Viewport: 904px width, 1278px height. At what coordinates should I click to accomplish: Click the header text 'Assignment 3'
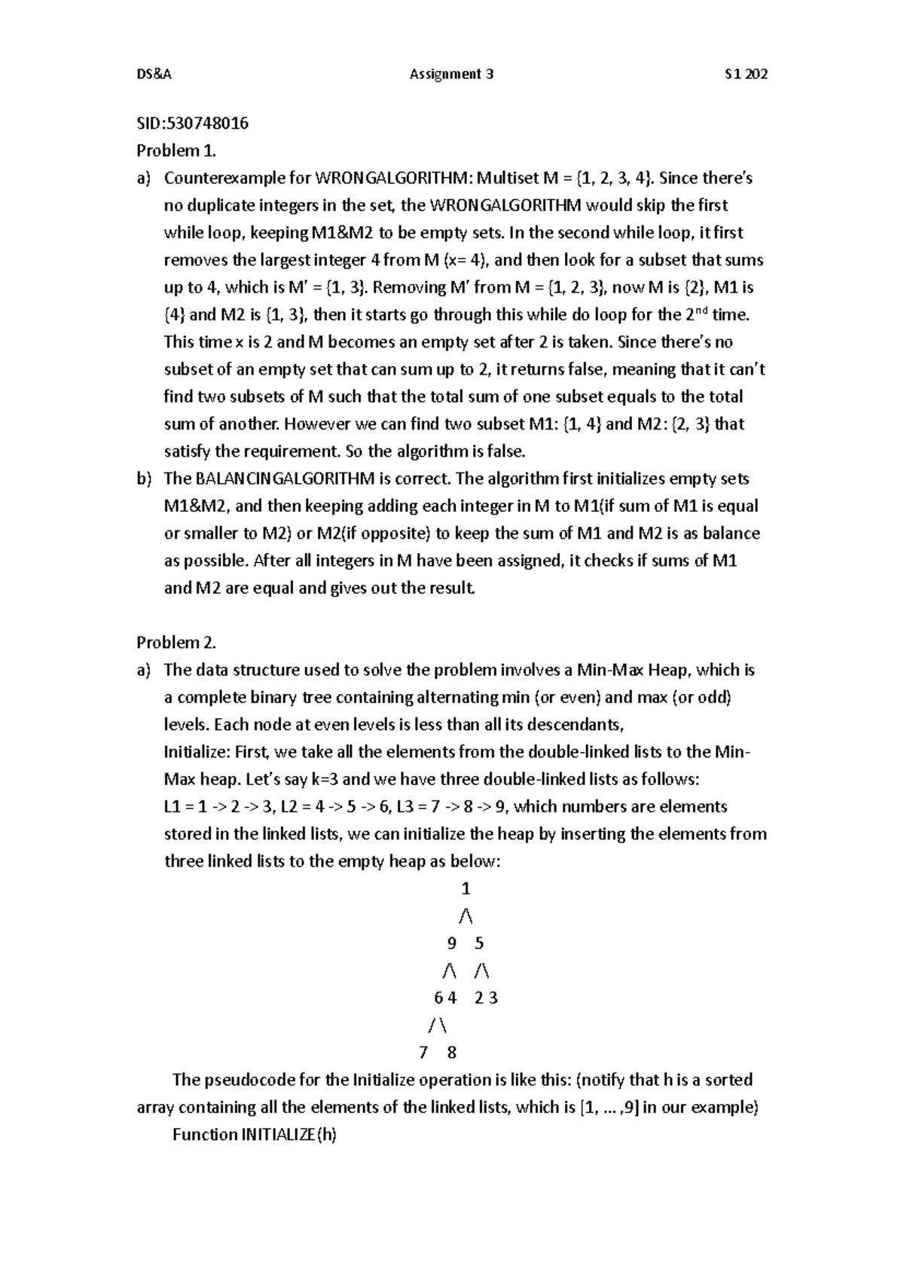pos(451,74)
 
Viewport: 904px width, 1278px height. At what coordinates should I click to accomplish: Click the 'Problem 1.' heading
pos(176,151)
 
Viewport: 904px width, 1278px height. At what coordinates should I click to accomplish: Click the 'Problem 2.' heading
pos(176,643)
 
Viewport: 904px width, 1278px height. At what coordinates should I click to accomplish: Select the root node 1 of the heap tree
pos(466,888)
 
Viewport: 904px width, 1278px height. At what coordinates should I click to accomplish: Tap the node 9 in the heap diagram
pos(450,943)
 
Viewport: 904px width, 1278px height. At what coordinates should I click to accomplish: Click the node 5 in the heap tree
pos(480,943)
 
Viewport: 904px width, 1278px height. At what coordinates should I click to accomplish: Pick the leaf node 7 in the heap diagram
pos(423,1053)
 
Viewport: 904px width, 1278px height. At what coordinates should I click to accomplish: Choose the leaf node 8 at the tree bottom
pos(452,1053)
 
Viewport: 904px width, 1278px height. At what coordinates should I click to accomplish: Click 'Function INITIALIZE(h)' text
pos(255,1135)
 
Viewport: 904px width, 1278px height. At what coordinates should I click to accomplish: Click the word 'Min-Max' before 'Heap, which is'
pos(606,670)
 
